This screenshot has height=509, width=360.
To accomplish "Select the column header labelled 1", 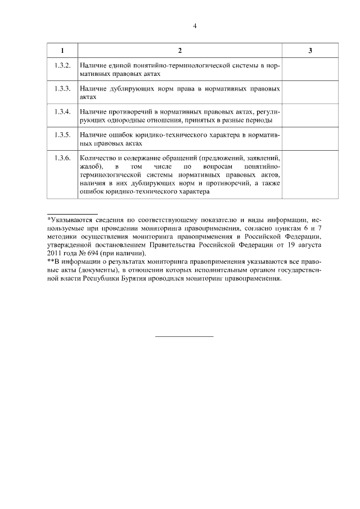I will (62, 51).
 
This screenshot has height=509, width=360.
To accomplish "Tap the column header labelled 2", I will (179, 51).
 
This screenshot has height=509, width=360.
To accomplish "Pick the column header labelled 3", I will (310, 51).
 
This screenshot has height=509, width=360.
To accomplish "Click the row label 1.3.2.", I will (62, 66).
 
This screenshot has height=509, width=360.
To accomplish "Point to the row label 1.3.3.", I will (62, 89).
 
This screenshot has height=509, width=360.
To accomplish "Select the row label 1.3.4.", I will (62, 112).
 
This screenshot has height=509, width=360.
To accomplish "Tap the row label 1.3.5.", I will (62, 135).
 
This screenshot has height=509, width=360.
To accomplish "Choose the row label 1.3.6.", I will (62, 159).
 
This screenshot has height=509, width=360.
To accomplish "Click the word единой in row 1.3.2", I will (118, 66).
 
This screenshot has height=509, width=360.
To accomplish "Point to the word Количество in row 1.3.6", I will (99, 159).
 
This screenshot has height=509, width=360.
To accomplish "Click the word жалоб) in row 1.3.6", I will (91, 167).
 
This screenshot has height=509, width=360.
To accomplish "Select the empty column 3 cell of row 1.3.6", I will (310, 175).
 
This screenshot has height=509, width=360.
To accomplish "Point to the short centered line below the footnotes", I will (184, 336).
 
